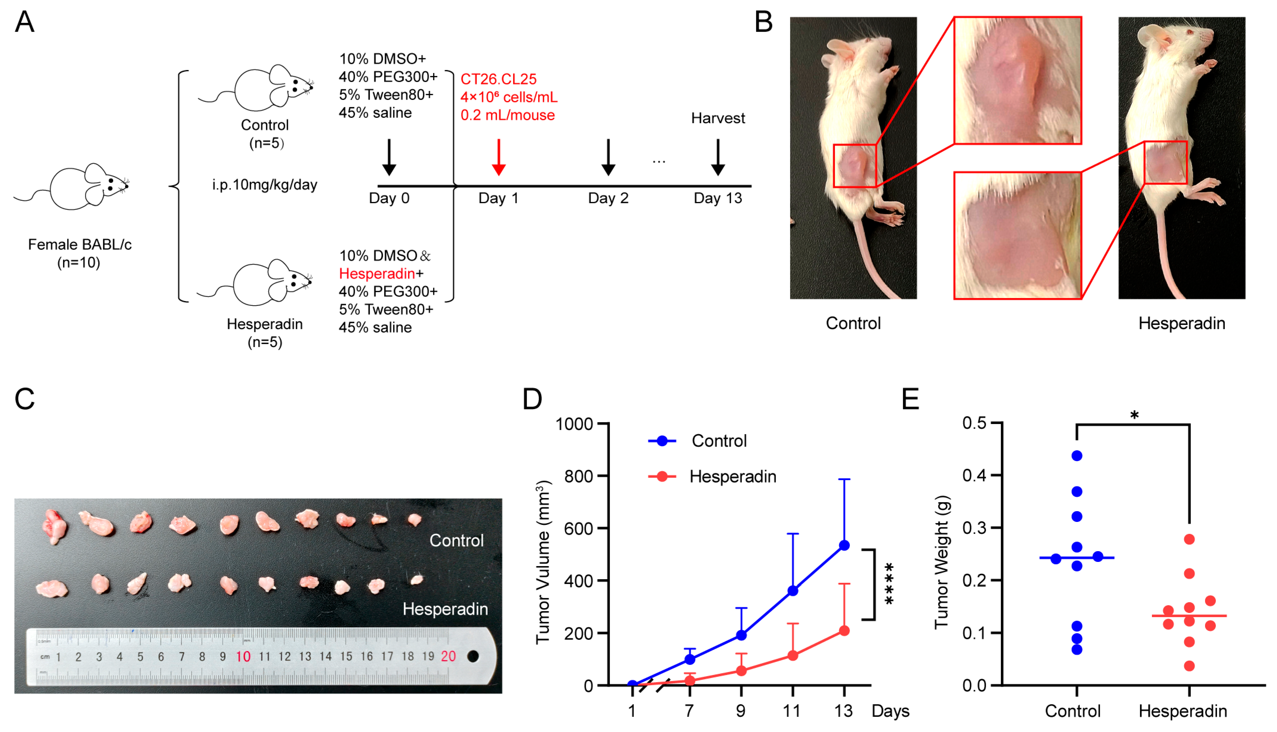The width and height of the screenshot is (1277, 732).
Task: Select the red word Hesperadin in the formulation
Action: click(377, 274)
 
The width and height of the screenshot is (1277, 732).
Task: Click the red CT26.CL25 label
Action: click(498, 79)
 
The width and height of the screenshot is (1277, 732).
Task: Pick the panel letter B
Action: click(763, 23)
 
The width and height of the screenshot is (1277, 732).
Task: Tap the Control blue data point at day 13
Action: click(844, 545)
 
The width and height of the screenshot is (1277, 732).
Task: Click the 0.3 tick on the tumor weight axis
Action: click(974, 528)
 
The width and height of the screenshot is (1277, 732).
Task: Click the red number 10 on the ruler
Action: click(243, 657)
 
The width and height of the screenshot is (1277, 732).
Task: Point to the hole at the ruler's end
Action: click(473, 656)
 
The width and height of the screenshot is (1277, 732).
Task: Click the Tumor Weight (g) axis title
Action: click(941, 562)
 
